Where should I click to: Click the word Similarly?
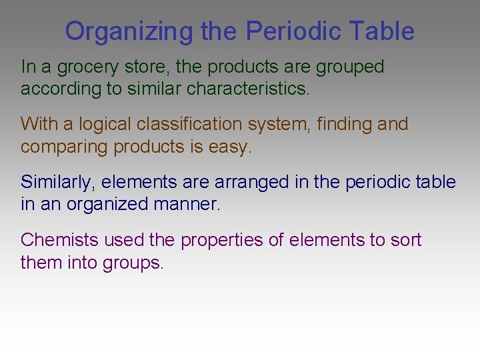point(58,182)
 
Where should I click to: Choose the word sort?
point(406,240)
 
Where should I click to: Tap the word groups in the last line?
point(133,263)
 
